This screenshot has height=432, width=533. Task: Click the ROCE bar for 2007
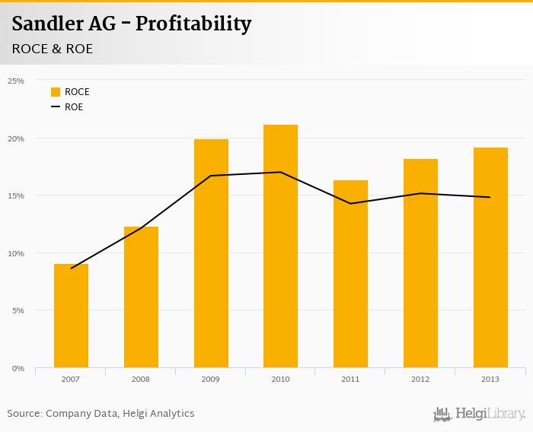coord(71,316)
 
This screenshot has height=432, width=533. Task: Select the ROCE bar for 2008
coord(141,297)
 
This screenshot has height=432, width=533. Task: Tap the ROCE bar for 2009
coord(211,253)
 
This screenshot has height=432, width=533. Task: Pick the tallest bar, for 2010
coord(280,246)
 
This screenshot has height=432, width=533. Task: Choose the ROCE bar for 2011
coord(350,274)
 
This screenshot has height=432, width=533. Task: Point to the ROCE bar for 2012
coord(420,263)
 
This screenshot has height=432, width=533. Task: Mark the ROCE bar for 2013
coord(490,258)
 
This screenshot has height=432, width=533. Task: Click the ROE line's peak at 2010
coord(280,172)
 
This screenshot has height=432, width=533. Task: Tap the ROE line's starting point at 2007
coord(71,268)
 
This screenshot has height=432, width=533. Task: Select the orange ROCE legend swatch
coord(56,92)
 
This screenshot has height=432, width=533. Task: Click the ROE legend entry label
coord(74,107)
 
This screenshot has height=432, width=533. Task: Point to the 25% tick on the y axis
coord(16,81)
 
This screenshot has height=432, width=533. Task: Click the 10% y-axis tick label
coord(16,253)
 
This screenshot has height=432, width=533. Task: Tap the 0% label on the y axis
coord(18,368)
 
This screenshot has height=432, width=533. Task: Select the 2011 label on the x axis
coord(350,378)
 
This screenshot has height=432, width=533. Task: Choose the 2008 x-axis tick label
coord(141,378)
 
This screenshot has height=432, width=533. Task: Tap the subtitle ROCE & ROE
coord(53,49)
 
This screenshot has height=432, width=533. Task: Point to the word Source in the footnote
coord(24,414)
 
